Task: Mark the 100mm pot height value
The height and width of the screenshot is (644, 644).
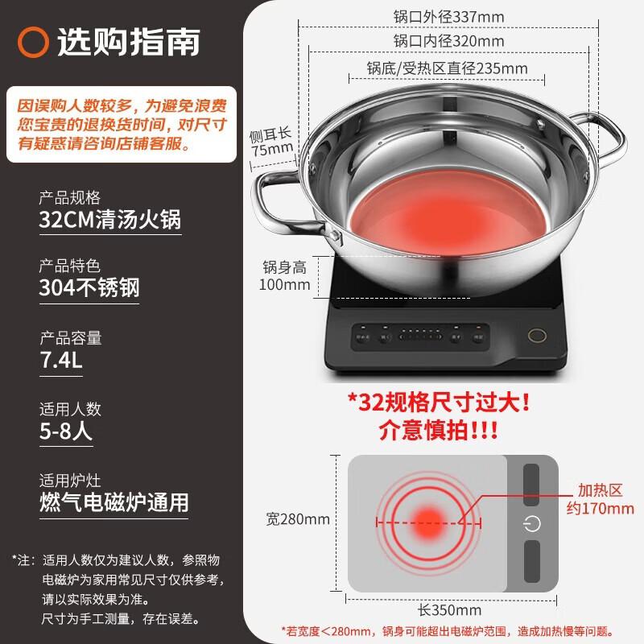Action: [x=285, y=284]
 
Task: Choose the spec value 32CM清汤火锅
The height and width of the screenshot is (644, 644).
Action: [x=110, y=220]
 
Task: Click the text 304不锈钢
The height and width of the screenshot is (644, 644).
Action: [x=89, y=287]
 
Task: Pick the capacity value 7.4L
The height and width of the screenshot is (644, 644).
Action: [x=61, y=359]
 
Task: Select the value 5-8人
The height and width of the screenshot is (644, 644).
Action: [x=66, y=431]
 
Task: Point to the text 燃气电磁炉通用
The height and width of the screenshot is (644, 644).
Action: [x=114, y=502]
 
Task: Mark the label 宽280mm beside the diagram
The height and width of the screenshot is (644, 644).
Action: [x=298, y=519]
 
